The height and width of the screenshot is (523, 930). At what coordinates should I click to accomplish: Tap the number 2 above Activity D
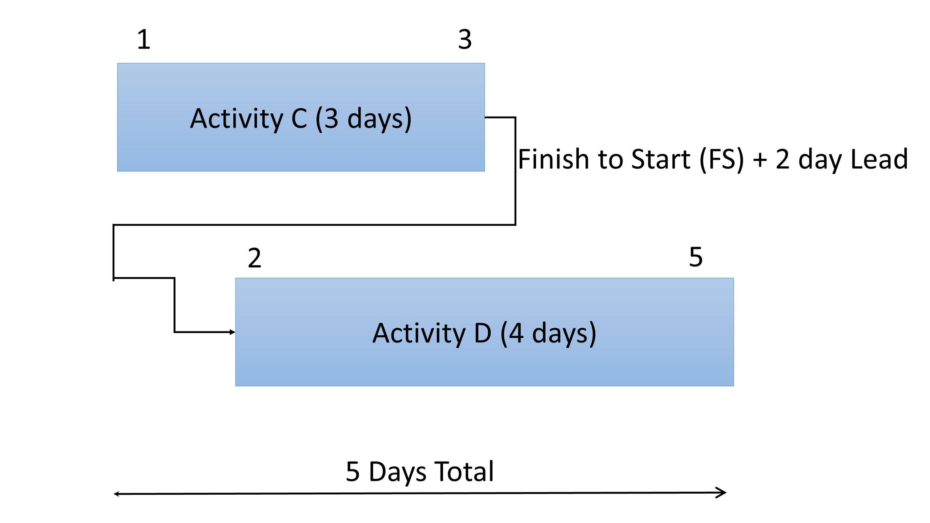[x=254, y=258]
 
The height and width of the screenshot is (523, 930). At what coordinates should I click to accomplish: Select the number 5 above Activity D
[x=696, y=257]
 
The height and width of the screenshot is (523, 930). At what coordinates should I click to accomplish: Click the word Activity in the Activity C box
[x=236, y=119]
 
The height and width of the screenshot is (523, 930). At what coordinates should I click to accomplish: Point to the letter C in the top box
[x=299, y=118]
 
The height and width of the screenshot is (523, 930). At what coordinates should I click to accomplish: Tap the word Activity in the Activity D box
[x=419, y=333]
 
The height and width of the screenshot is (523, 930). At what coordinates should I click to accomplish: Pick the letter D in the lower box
[x=483, y=333]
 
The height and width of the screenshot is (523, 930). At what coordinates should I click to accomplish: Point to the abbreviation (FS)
[x=722, y=160]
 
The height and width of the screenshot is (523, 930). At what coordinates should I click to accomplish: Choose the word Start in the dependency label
[x=661, y=159]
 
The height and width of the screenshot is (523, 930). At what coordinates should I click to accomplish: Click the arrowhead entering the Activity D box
[x=233, y=332]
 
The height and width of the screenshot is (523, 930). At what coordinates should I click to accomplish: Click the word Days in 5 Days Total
[x=398, y=472]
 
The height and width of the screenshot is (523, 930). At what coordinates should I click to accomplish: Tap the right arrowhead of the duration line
[x=721, y=492]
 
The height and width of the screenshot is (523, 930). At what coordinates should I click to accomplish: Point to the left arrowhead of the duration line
[x=117, y=494]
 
